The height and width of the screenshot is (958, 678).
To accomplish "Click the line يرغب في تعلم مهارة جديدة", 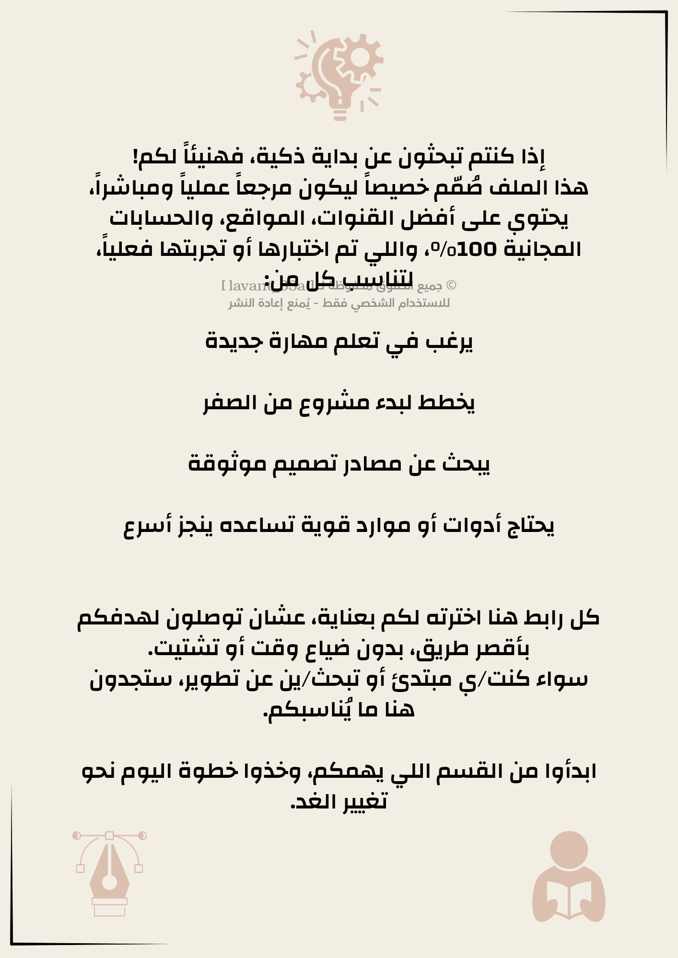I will pyautogui.click(x=339, y=341).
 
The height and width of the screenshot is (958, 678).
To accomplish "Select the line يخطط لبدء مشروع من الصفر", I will pyautogui.click(x=339, y=403).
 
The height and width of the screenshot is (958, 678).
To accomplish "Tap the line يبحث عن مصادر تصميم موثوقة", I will pyautogui.click(x=339, y=464).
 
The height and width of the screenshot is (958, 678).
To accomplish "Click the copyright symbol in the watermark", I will pyautogui.click(x=451, y=286).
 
